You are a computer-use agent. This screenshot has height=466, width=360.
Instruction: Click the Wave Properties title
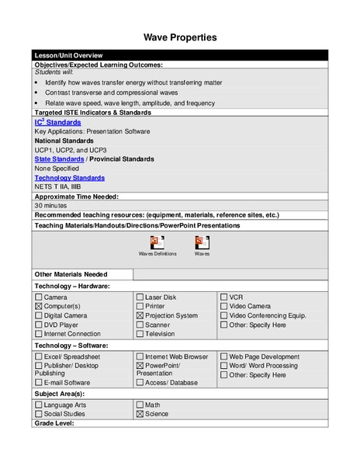pos(180,37)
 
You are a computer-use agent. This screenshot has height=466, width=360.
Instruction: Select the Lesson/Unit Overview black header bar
pos(180,55)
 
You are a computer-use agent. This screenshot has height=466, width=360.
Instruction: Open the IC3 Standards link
pos(57,123)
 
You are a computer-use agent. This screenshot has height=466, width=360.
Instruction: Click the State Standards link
pos(59,158)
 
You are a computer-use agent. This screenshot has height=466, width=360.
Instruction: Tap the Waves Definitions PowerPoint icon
pos(157,242)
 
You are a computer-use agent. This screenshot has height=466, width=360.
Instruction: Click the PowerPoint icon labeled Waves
pos(202,242)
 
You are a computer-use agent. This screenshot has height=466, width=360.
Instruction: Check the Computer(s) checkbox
pos(39,307)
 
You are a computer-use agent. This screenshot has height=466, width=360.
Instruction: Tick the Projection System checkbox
pos(140,316)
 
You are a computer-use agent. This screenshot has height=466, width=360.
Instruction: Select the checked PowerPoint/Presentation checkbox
pos(140,365)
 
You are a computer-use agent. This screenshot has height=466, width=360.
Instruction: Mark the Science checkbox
pos(140,414)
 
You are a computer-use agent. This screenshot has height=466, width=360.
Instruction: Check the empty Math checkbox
pos(140,405)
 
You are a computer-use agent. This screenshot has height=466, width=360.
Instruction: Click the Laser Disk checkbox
pos(140,297)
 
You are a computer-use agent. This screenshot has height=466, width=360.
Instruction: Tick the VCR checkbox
pos(223,297)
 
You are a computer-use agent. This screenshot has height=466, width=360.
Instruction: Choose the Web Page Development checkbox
pos(223,356)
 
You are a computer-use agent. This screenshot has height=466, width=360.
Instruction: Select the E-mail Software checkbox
pos(39,382)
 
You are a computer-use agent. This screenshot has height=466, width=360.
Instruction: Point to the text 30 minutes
pos(50,205)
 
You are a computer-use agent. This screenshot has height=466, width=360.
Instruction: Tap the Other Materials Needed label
pos(71,274)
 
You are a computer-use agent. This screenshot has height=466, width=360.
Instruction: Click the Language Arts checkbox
pos(39,405)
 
